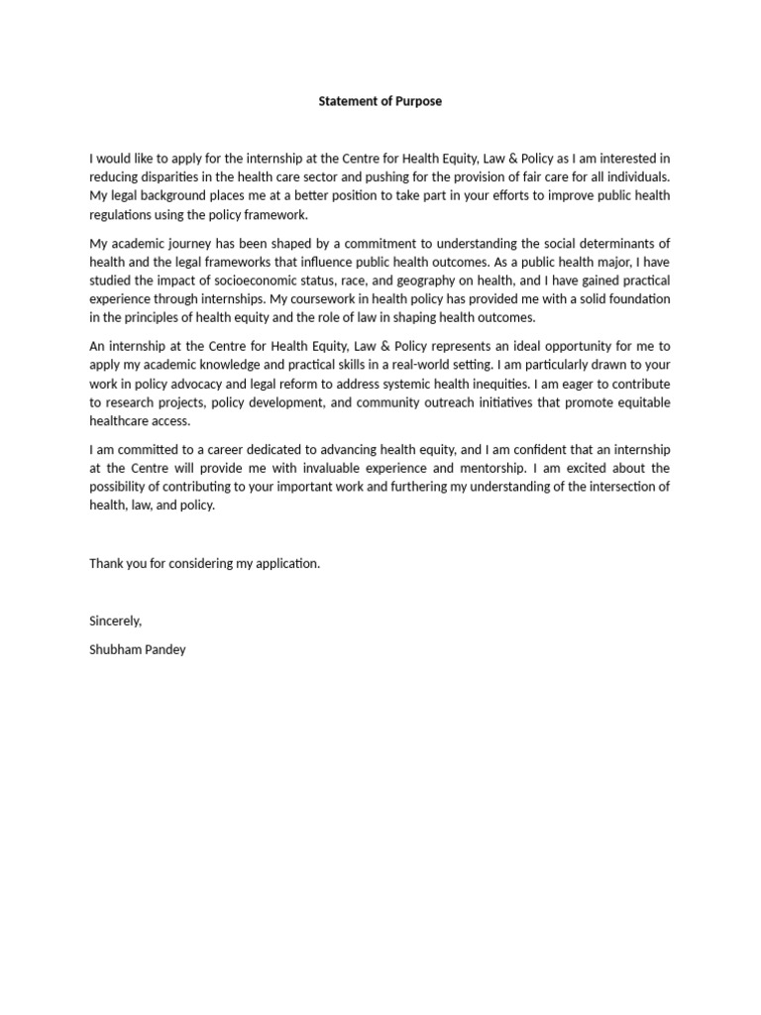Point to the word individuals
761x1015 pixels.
(x=637, y=176)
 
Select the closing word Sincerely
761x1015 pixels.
(x=116, y=620)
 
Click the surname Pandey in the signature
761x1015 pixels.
(x=163, y=649)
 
